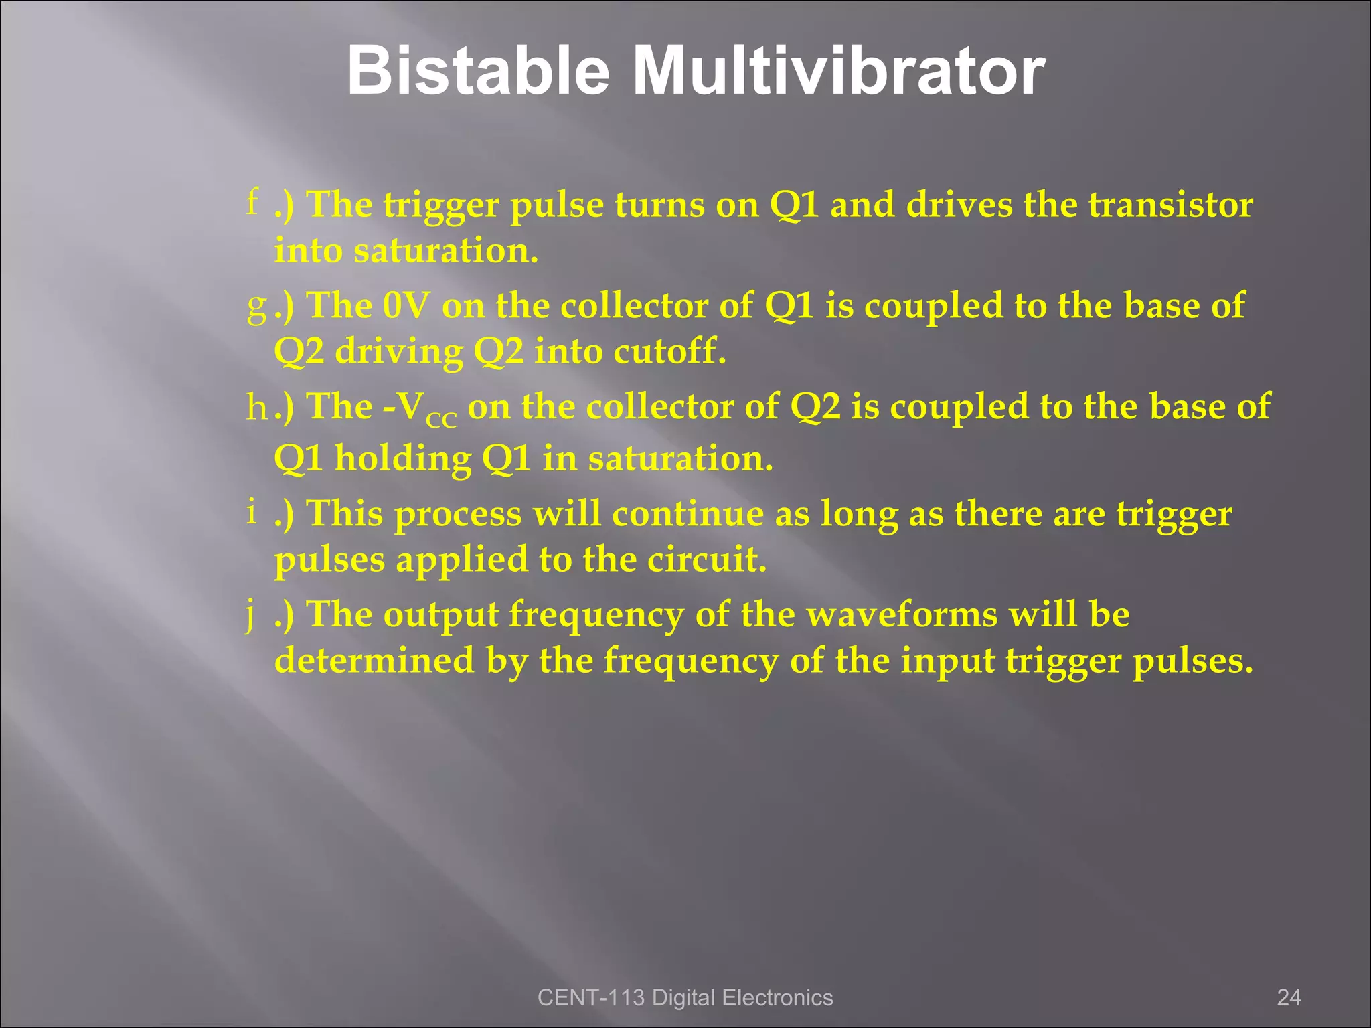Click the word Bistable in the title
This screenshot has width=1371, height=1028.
478,71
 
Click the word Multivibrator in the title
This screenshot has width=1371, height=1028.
838,71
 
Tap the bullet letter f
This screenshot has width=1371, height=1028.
252,201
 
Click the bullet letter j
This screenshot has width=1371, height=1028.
250,615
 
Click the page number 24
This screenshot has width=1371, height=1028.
1289,997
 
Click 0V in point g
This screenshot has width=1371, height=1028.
406,306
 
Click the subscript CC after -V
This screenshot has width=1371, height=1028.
441,420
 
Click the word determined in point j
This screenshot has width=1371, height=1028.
375,660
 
